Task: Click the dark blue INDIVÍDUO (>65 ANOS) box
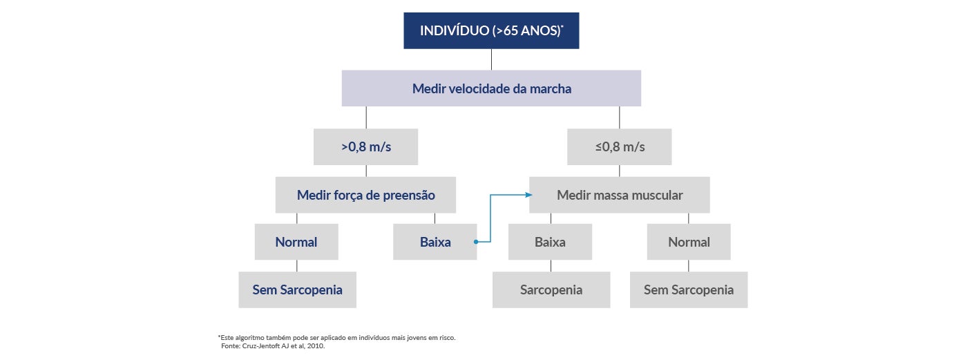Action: tap(491, 31)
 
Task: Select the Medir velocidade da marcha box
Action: tap(491, 88)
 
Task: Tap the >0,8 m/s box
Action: tap(365, 146)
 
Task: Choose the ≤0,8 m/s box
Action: tap(619, 146)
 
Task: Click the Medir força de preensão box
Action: tap(365, 195)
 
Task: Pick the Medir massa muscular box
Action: tap(620, 195)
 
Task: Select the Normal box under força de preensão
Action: tap(296, 242)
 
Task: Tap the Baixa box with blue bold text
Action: tap(435, 242)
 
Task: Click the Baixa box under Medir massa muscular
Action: tap(550, 242)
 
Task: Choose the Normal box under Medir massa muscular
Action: tap(689, 242)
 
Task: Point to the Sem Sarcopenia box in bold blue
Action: tap(297, 290)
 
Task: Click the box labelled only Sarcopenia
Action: tap(551, 290)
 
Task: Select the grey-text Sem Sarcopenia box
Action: tap(689, 290)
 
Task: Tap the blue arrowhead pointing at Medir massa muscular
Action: tap(526, 195)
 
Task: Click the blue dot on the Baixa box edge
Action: tap(477, 242)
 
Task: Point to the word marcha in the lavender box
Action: tap(551, 88)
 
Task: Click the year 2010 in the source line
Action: tap(315, 345)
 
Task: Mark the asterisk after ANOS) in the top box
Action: tap(562, 27)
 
